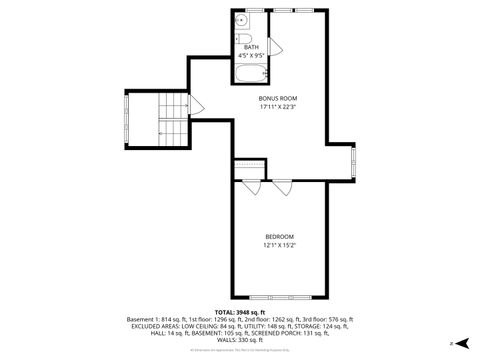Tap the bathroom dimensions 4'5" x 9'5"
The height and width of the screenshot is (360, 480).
(250, 54)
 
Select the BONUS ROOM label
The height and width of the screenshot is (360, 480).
(279, 98)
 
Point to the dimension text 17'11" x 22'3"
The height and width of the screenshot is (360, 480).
(279, 107)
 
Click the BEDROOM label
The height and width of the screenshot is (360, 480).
(280, 236)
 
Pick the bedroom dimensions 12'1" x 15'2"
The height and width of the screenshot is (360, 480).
(280, 245)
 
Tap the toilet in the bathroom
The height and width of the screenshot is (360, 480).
(243, 40)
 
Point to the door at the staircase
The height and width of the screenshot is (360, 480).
(198, 103)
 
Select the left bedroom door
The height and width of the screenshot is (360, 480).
(252, 187)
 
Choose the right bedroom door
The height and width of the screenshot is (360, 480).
(282, 187)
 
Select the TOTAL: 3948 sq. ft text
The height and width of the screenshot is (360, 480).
(240, 312)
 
